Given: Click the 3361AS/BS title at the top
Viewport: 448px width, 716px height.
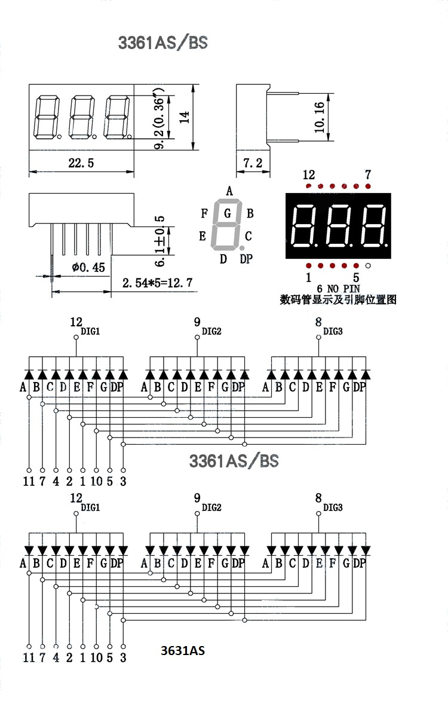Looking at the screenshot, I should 162,43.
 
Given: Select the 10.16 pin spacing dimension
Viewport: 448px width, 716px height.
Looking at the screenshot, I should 320,117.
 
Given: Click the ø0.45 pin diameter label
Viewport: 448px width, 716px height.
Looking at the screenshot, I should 88,267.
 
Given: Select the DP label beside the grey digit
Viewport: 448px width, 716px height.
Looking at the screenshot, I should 246,258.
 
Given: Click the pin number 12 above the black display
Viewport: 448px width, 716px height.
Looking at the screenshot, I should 308,175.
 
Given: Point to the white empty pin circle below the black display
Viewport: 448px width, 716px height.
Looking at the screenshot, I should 369,265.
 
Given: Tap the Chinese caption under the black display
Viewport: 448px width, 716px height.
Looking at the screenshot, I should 338,299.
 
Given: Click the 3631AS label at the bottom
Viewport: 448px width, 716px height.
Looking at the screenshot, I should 183,650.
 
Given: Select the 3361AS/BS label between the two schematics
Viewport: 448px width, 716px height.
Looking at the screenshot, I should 234,461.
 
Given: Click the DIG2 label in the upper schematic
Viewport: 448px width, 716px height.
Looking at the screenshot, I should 211,331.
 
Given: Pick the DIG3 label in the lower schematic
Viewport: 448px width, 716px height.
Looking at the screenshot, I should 333,507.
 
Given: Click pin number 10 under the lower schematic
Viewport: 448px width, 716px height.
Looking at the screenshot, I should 96,657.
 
